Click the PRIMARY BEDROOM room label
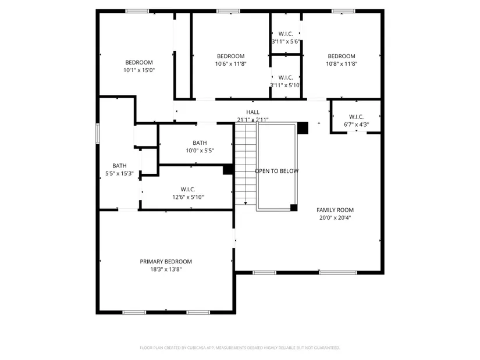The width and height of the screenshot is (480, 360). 166,262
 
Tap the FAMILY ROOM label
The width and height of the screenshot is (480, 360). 335,210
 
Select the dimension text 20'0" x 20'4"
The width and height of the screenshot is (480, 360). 335,218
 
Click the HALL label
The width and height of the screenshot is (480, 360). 253,112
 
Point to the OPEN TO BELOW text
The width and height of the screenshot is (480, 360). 277,171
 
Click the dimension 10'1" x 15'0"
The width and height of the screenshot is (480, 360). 139,70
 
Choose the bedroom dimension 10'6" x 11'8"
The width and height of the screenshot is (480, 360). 231,63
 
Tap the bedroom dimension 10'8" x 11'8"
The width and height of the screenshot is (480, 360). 342,63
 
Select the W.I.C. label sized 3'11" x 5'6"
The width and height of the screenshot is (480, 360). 286,34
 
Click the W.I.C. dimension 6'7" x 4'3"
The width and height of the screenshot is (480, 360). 356,124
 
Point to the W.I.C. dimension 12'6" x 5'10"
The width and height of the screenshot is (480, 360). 188,197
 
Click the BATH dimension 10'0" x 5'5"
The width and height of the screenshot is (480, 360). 200,151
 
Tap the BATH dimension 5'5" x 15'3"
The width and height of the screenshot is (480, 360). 119,173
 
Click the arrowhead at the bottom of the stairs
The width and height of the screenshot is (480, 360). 246,204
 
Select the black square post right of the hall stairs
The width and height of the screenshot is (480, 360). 303,128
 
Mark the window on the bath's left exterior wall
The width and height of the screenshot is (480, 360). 98,133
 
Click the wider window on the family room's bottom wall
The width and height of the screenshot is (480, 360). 337,272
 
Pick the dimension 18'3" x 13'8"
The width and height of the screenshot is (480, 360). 166,269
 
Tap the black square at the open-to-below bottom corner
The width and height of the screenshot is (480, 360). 294,208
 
